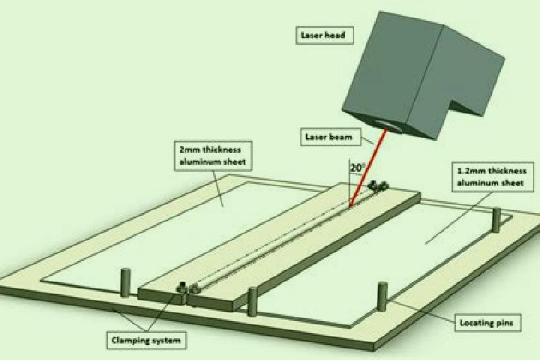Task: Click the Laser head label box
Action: (325, 35)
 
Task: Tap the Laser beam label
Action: (331, 136)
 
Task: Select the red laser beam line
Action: (367, 168)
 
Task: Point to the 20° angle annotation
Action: (357, 168)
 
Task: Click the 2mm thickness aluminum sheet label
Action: (213, 156)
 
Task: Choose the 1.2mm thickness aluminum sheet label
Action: (493, 177)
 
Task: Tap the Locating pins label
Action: (487, 322)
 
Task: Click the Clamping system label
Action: (146, 340)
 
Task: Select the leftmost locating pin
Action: (126, 283)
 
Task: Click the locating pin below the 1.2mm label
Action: (496, 220)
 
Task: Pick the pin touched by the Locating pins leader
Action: (382, 296)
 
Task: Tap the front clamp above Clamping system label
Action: (187, 289)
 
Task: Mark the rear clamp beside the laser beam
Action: (378, 186)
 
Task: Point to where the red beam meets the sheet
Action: (350, 208)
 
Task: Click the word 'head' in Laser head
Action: (334, 35)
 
